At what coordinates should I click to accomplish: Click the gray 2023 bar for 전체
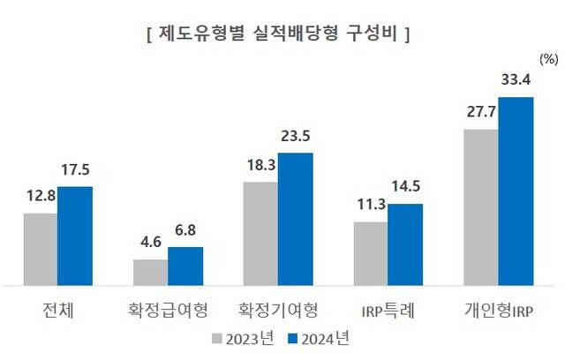coord(41,249)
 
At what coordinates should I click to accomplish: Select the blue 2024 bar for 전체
coord(75,236)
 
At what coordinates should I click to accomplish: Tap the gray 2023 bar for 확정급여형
coord(150,272)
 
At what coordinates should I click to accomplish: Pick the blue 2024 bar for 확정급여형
coord(185,266)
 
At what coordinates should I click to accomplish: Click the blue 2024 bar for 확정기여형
coord(296,219)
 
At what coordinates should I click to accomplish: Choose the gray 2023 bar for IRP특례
coord(371,253)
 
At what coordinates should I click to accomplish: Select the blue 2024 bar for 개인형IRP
coord(516,191)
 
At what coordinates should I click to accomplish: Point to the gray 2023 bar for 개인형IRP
coord(481,207)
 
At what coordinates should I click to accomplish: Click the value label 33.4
coord(516,81)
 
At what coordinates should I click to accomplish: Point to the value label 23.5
coord(296,137)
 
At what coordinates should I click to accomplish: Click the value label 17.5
coord(75,170)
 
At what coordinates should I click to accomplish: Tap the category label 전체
coord(58,310)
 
